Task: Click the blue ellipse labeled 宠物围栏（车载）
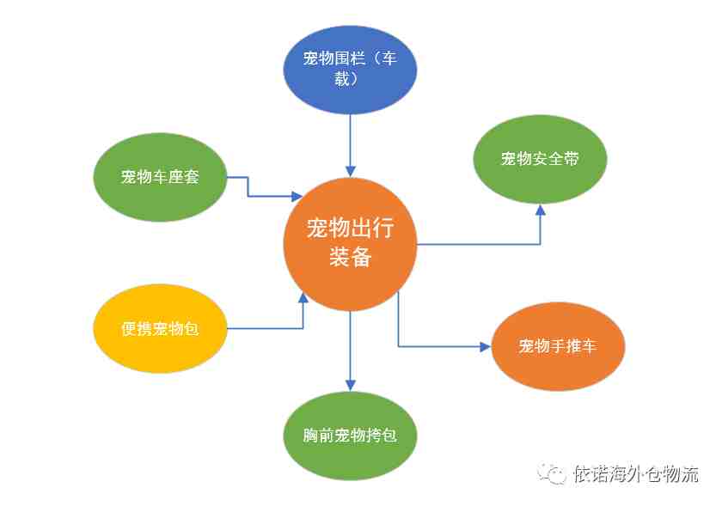[350, 70]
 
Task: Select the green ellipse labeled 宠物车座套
[160, 177]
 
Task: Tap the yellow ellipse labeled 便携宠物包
[160, 328]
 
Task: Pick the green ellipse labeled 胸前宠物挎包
[350, 436]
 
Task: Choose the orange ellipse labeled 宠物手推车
[558, 346]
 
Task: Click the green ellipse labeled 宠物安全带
[540, 159]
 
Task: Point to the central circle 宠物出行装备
[350, 244]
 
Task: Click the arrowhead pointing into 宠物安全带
[540, 210]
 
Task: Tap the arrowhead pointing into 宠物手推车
[486, 346]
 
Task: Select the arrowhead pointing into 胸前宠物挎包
[351, 386]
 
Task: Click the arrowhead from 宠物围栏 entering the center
[351, 171]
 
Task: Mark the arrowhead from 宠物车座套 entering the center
[297, 197]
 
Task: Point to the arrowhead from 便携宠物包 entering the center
[303, 298]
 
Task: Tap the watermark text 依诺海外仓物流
[636, 473]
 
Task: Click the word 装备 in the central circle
[350, 257]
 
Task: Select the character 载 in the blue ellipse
[342, 79]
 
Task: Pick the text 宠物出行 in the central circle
[350, 228]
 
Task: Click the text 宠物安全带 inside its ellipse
[540, 159]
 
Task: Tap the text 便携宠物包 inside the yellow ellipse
[160, 328]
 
